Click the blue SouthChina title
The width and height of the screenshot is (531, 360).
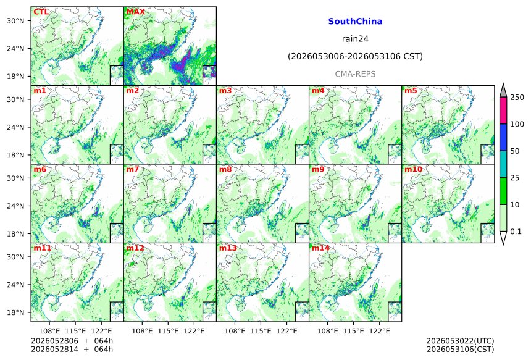pyautogui.click(x=355, y=22)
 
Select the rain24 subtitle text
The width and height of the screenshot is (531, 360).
pyautogui.click(x=355, y=39)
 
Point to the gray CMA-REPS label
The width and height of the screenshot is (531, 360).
pyautogui.click(x=355, y=74)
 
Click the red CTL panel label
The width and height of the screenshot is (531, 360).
pyautogui.click(x=41, y=12)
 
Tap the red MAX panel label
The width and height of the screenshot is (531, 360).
pyautogui.click(x=135, y=12)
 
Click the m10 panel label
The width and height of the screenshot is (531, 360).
pyautogui.click(x=414, y=169)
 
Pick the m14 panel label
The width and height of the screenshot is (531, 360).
pyautogui.click(x=320, y=248)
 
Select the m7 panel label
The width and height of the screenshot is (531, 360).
pyautogui.click(x=133, y=169)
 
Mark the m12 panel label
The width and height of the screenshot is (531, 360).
pyautogui.click(x=135, y=248)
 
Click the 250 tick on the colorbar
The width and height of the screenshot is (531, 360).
pyautogui.click(x=517, y=98)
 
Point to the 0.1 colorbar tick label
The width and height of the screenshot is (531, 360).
pyautogui.click(x=516, y=232)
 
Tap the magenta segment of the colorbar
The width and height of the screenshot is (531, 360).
pyautogui.click(x=503, y=111)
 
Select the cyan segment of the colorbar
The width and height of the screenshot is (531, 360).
pyautogui.click(x=503, y=164)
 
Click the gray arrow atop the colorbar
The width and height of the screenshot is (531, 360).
pyautogui.click(x=503, y=90)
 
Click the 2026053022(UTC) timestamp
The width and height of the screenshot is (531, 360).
pyautogui.click(x=460, y=341)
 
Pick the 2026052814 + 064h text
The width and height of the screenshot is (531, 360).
pyautogui.click(x=72, y=349)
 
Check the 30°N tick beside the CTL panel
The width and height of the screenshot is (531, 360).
pyautogui.click(x=15, y=20)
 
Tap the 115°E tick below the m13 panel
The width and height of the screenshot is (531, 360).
pyautogui.click(x=261, y=331)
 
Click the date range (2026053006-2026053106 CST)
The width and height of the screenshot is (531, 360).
pyautogui.click(x=355, y=56)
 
